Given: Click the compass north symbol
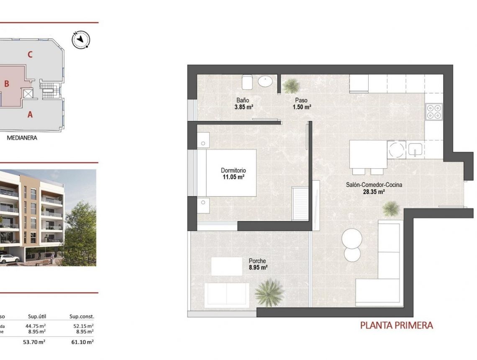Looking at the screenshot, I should click(x=81, y=40).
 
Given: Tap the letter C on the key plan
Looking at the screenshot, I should click(x=30, y=54).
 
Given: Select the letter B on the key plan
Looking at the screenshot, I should click(x=7, y=84).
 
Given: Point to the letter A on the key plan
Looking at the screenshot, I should click(x=30, y=114).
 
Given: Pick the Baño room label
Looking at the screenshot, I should click(x=243, y=100).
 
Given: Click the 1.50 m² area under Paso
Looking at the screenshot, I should click(x=301, y=107).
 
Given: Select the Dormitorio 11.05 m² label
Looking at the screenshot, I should click(x=233, y=174).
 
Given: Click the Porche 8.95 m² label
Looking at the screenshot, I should click(x=257, y=264).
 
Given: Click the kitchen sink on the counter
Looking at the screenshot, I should click(x=415, y=149).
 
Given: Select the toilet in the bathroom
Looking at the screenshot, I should click(x=246, y=82).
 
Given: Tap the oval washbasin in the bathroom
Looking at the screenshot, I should click(x=267, y=81).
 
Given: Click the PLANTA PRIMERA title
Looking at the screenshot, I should click(x=396, y=325).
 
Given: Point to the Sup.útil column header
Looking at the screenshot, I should click(x=37, y=317).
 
